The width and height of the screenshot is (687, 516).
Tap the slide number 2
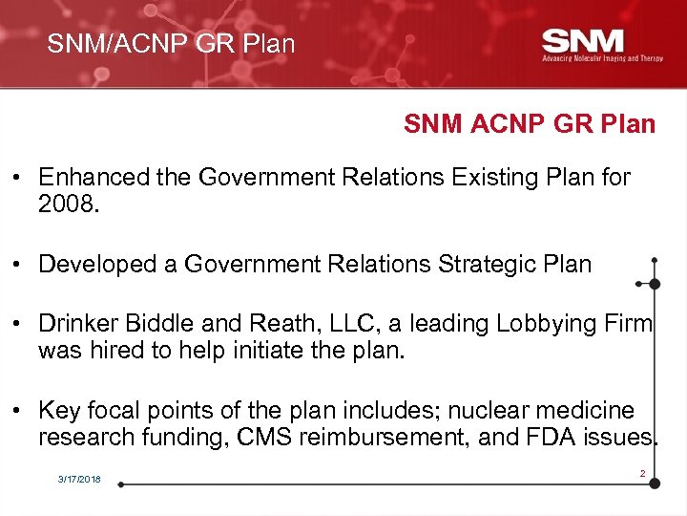tap(642, 473)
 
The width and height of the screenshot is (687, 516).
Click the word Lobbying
tap(544, 325)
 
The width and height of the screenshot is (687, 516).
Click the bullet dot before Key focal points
tap(18, 412)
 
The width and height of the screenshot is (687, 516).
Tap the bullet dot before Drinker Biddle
tap(18, 325)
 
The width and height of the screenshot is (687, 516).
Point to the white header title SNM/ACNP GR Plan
tap(172, 44)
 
